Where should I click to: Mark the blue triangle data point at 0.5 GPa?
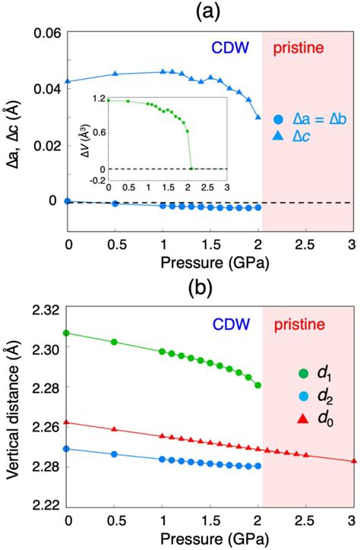coord(115,74)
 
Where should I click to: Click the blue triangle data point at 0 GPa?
coord(68,81)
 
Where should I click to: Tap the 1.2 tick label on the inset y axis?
coord(98,100)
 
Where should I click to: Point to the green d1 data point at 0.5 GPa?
coord(115,342)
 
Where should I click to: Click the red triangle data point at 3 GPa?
coord(352,460)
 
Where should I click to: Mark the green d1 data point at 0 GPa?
coord(68,333)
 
